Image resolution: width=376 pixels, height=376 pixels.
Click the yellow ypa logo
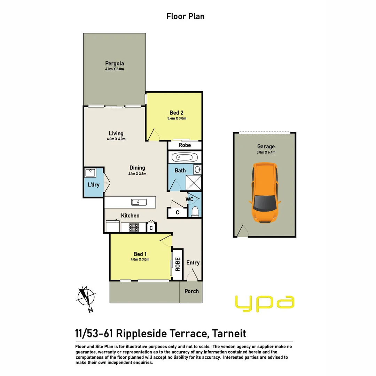[x=265, y=302]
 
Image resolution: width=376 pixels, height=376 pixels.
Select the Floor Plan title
[x=185, y=16]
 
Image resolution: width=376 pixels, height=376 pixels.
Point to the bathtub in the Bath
[x=182, y=157]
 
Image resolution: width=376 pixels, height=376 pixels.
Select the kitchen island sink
[x=136, y=202]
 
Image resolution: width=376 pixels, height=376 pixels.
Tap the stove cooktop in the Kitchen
[x=134, y=227]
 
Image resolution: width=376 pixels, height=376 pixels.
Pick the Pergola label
[x=115, y=64]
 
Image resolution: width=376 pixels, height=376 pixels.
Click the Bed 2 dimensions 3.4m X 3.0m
[x=177, y=118]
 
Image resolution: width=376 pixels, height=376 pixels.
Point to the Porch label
[x=191, y=291]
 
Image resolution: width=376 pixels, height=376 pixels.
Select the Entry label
[x=193, y=263]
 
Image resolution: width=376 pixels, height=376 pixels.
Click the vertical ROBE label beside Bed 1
[x=178, y=264]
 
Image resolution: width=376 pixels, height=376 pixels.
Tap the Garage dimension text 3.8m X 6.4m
[x=266, y=152]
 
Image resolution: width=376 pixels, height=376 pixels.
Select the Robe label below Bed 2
[x=185, y=145]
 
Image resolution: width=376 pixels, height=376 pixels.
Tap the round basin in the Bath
[x=197, y=170]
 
